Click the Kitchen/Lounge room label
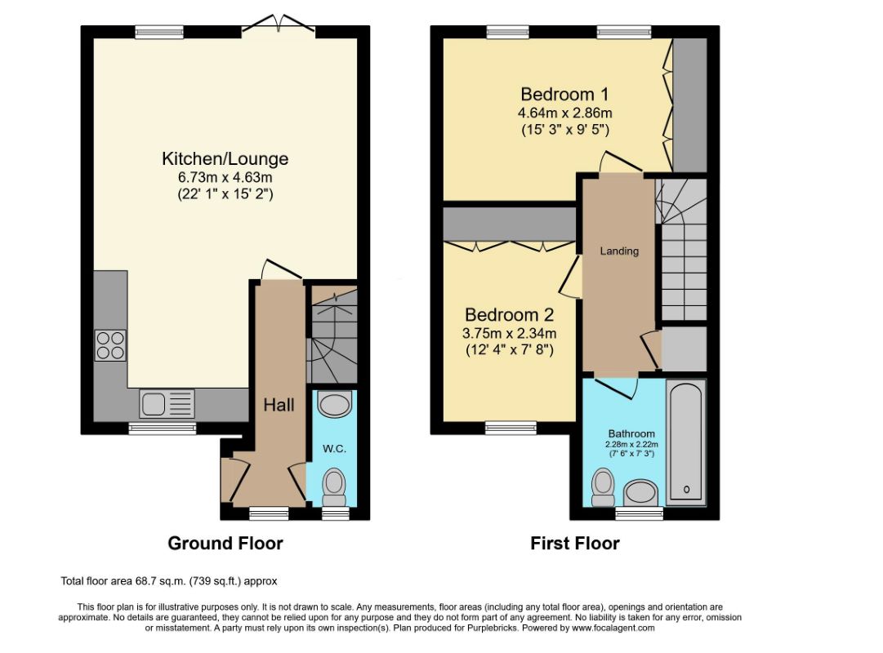click(x=225, y=158)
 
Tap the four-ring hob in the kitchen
click(x=110, y=345)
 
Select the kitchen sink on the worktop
click(x=167, y=403)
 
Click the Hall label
click(x=279, y=405)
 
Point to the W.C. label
click(x=335, y=449)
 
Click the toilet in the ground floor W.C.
click(x=334, y=487)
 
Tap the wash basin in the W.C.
click(x=335, y=403)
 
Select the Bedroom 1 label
click(x=564, y=94)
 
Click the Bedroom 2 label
click(x=509, y=315)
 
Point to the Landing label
click(x=619, y=251)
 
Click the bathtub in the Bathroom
click(x=686, y=442)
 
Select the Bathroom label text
click(x=631, y=433)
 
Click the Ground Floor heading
click(x=225, y=544)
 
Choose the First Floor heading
click(x=575, y=544)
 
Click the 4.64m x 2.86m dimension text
click(x=564, y=113)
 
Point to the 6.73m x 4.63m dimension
click(x=225, y=177)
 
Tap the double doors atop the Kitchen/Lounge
click(x=279, y=25)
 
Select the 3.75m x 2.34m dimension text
click(x=509, y=333)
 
